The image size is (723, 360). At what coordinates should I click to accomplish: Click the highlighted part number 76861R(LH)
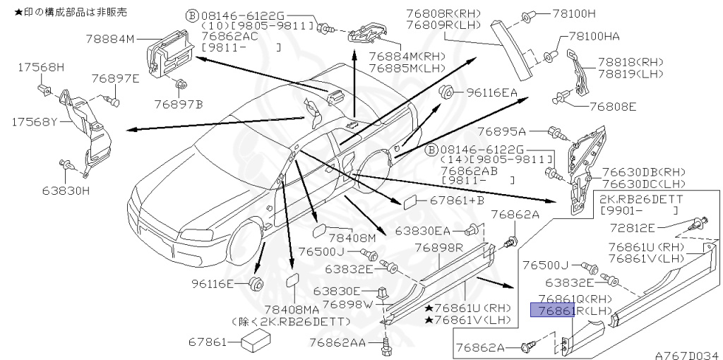pos(565,311)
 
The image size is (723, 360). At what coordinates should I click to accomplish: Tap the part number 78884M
pos(109,40)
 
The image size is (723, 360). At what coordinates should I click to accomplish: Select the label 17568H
pos(41,67)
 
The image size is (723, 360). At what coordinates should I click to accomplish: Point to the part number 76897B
pos(179,104)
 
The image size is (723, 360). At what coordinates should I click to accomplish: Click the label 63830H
pos(66,190)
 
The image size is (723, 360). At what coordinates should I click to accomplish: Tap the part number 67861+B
pos(458,201)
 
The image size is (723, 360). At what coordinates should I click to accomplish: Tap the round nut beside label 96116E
pos(256,284)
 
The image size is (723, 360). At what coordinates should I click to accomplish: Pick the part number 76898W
pos(347,304)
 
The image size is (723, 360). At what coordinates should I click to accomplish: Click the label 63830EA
pos(422,230)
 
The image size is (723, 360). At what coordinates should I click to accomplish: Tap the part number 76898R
pos(438,248)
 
